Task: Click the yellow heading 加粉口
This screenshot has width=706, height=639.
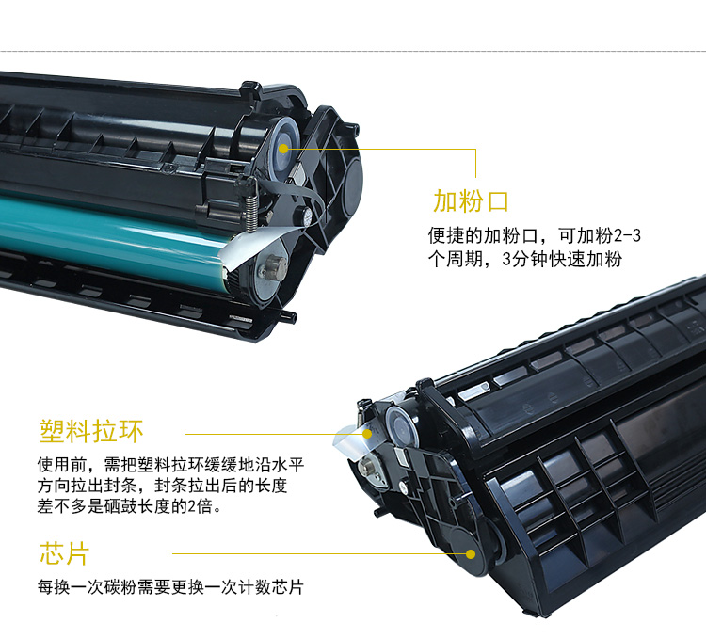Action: [471, 200]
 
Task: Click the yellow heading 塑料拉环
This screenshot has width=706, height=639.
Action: [91, 432]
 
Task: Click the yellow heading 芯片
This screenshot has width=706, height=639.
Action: [64, 553]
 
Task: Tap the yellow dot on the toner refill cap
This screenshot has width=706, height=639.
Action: [283, 148]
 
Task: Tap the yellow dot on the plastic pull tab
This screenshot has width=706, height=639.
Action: [367, 434]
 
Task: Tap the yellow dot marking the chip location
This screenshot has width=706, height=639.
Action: [471, 554]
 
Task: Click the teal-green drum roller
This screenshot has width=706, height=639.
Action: [113, 236]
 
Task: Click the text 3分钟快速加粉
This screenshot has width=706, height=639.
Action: [562, 259]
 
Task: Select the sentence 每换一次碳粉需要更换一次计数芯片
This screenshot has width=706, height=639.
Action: [170, 587]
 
